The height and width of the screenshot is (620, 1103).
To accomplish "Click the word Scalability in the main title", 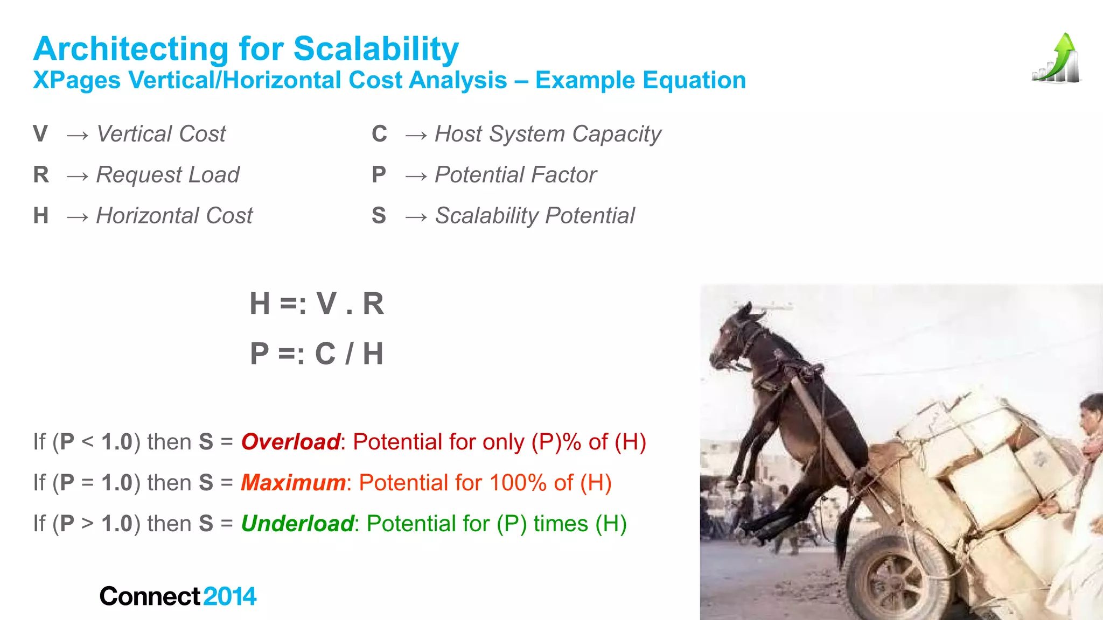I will (x=376, y=50).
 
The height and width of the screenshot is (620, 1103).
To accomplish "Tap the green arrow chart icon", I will (x=1056, y=59).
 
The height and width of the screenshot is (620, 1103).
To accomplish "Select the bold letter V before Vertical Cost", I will (x=40, y=134).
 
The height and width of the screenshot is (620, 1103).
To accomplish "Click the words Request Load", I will (x=167, y=175).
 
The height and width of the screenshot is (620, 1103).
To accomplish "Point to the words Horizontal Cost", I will (x=174, y=216).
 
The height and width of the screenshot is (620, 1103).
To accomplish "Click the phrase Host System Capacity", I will (x=548, y=134).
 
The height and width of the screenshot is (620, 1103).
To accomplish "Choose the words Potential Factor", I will (x=515, y=175).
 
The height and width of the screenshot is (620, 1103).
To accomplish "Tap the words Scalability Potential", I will (x=535, y=216).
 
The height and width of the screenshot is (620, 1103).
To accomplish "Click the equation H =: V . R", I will (x=317, y=304).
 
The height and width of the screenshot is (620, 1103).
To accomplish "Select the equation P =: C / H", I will (x=317, y=354).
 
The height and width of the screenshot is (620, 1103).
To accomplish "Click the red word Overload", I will (x=290, y=442).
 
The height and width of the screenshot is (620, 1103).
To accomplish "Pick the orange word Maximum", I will (x=293, y=483).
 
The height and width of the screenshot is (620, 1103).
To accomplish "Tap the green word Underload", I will (x=297, y=524).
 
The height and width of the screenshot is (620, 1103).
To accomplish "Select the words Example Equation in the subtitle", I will (x=640, y=81).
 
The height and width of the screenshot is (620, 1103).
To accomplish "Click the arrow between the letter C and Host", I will (x=416, y=135).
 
